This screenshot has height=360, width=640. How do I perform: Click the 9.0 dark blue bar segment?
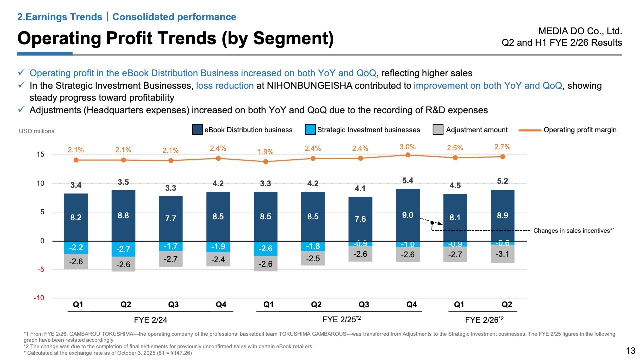coord(407,215)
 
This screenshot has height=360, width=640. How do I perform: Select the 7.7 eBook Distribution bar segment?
coord(171,218)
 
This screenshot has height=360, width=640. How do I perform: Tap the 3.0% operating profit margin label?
coord(407,147)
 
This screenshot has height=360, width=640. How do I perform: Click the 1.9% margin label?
coord(265,152)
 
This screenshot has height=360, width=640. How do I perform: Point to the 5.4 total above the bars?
coord(407,180)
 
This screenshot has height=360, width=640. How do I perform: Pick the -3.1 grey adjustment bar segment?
coord(502,254)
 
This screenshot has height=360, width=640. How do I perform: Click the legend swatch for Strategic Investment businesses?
coord(310,130)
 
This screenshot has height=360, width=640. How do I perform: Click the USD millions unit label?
coord(37,131)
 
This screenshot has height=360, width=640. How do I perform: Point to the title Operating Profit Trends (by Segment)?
coord(175,38)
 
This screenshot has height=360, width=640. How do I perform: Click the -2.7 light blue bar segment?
coord(123,249)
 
